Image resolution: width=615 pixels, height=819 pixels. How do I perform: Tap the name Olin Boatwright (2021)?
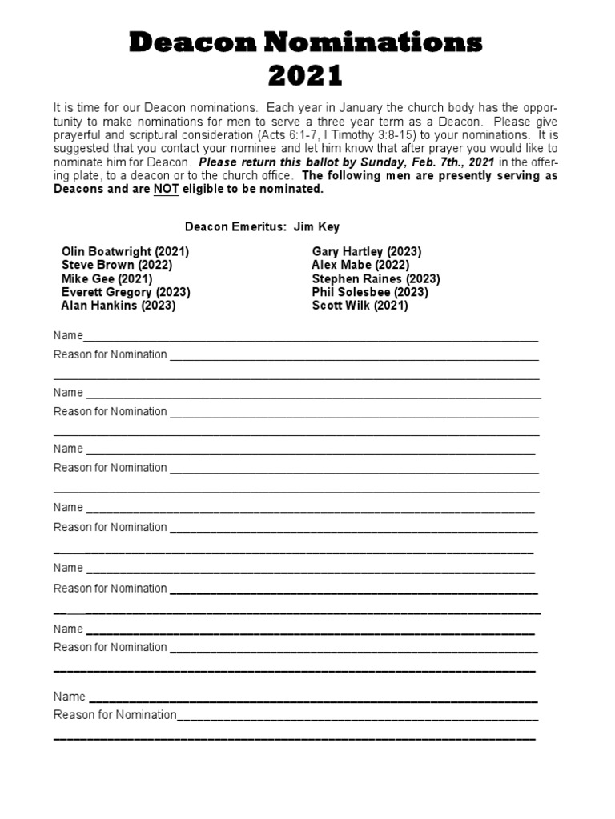point(125,251)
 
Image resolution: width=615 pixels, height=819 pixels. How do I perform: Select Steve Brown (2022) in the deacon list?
point(116,265)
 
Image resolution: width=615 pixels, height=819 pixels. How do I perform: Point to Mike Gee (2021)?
point(107,278)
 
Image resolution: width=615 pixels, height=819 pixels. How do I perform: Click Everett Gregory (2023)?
point(126,292)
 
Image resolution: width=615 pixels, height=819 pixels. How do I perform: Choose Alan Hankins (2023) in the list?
point(119,305)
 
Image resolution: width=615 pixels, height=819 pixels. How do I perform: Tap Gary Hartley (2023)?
point(367,251)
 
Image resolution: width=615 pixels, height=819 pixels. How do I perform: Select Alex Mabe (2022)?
point(360,265)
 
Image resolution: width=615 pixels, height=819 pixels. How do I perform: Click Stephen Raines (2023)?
point(376,278)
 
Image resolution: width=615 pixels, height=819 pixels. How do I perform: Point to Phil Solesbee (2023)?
point(370,292)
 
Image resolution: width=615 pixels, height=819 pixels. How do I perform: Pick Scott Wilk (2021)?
point(360,305)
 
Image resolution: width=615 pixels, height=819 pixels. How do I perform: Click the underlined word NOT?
point(167,189)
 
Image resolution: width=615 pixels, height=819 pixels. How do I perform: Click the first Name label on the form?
point(68,335)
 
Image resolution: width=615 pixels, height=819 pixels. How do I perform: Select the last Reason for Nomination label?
point(115,714)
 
